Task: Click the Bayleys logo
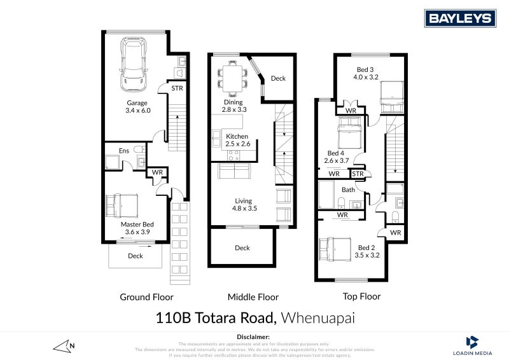point(461,18)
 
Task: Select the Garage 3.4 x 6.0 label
point(137,107)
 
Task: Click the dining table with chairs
point(230,76)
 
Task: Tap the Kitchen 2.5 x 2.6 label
point(237,141)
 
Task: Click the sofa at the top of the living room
point(234,172)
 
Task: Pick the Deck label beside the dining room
point(278,79)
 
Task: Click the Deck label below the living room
point(242,248)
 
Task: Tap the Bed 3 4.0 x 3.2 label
point(366,73)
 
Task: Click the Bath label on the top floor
point(348,190)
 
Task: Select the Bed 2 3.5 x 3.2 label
point(366,252)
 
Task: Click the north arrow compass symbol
point(66,347)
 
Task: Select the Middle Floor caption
point(253,297)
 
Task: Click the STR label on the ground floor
point(177,88)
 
